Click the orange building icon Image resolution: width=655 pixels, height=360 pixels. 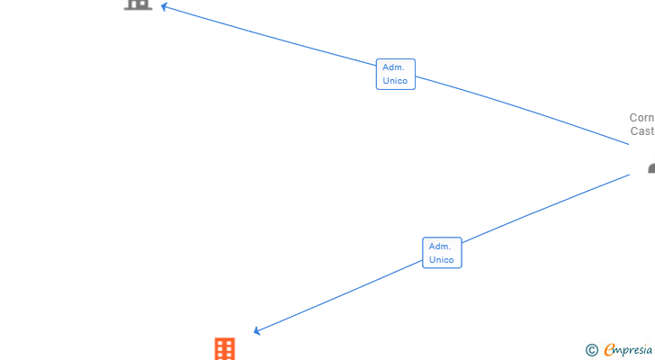pos(225,349)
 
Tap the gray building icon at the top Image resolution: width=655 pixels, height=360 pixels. pos(138,4)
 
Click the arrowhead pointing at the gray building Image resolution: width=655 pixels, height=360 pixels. pos(165,6)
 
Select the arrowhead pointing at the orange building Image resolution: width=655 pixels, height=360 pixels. pos(257,331)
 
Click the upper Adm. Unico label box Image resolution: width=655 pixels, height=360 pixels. pos(395,74)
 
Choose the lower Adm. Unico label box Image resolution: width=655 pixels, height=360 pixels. pos(442,253)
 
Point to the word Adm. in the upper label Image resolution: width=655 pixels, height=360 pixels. pos(393,67)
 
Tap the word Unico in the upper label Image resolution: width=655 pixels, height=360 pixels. pos(395,81)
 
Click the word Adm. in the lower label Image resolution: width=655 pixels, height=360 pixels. pos(440,247)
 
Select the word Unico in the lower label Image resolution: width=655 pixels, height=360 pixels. pos(442,260)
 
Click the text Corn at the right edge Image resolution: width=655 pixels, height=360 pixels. pos(642,118)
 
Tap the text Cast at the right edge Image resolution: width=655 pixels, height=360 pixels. pos(642,131)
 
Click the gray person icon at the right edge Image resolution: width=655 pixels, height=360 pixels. pos(651,168)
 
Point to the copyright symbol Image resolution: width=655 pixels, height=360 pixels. pos(591,350)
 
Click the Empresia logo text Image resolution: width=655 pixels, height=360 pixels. pos(629,350)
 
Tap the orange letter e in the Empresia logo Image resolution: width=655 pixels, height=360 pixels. pos(610,350)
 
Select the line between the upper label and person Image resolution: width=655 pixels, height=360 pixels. pos(522,108)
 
